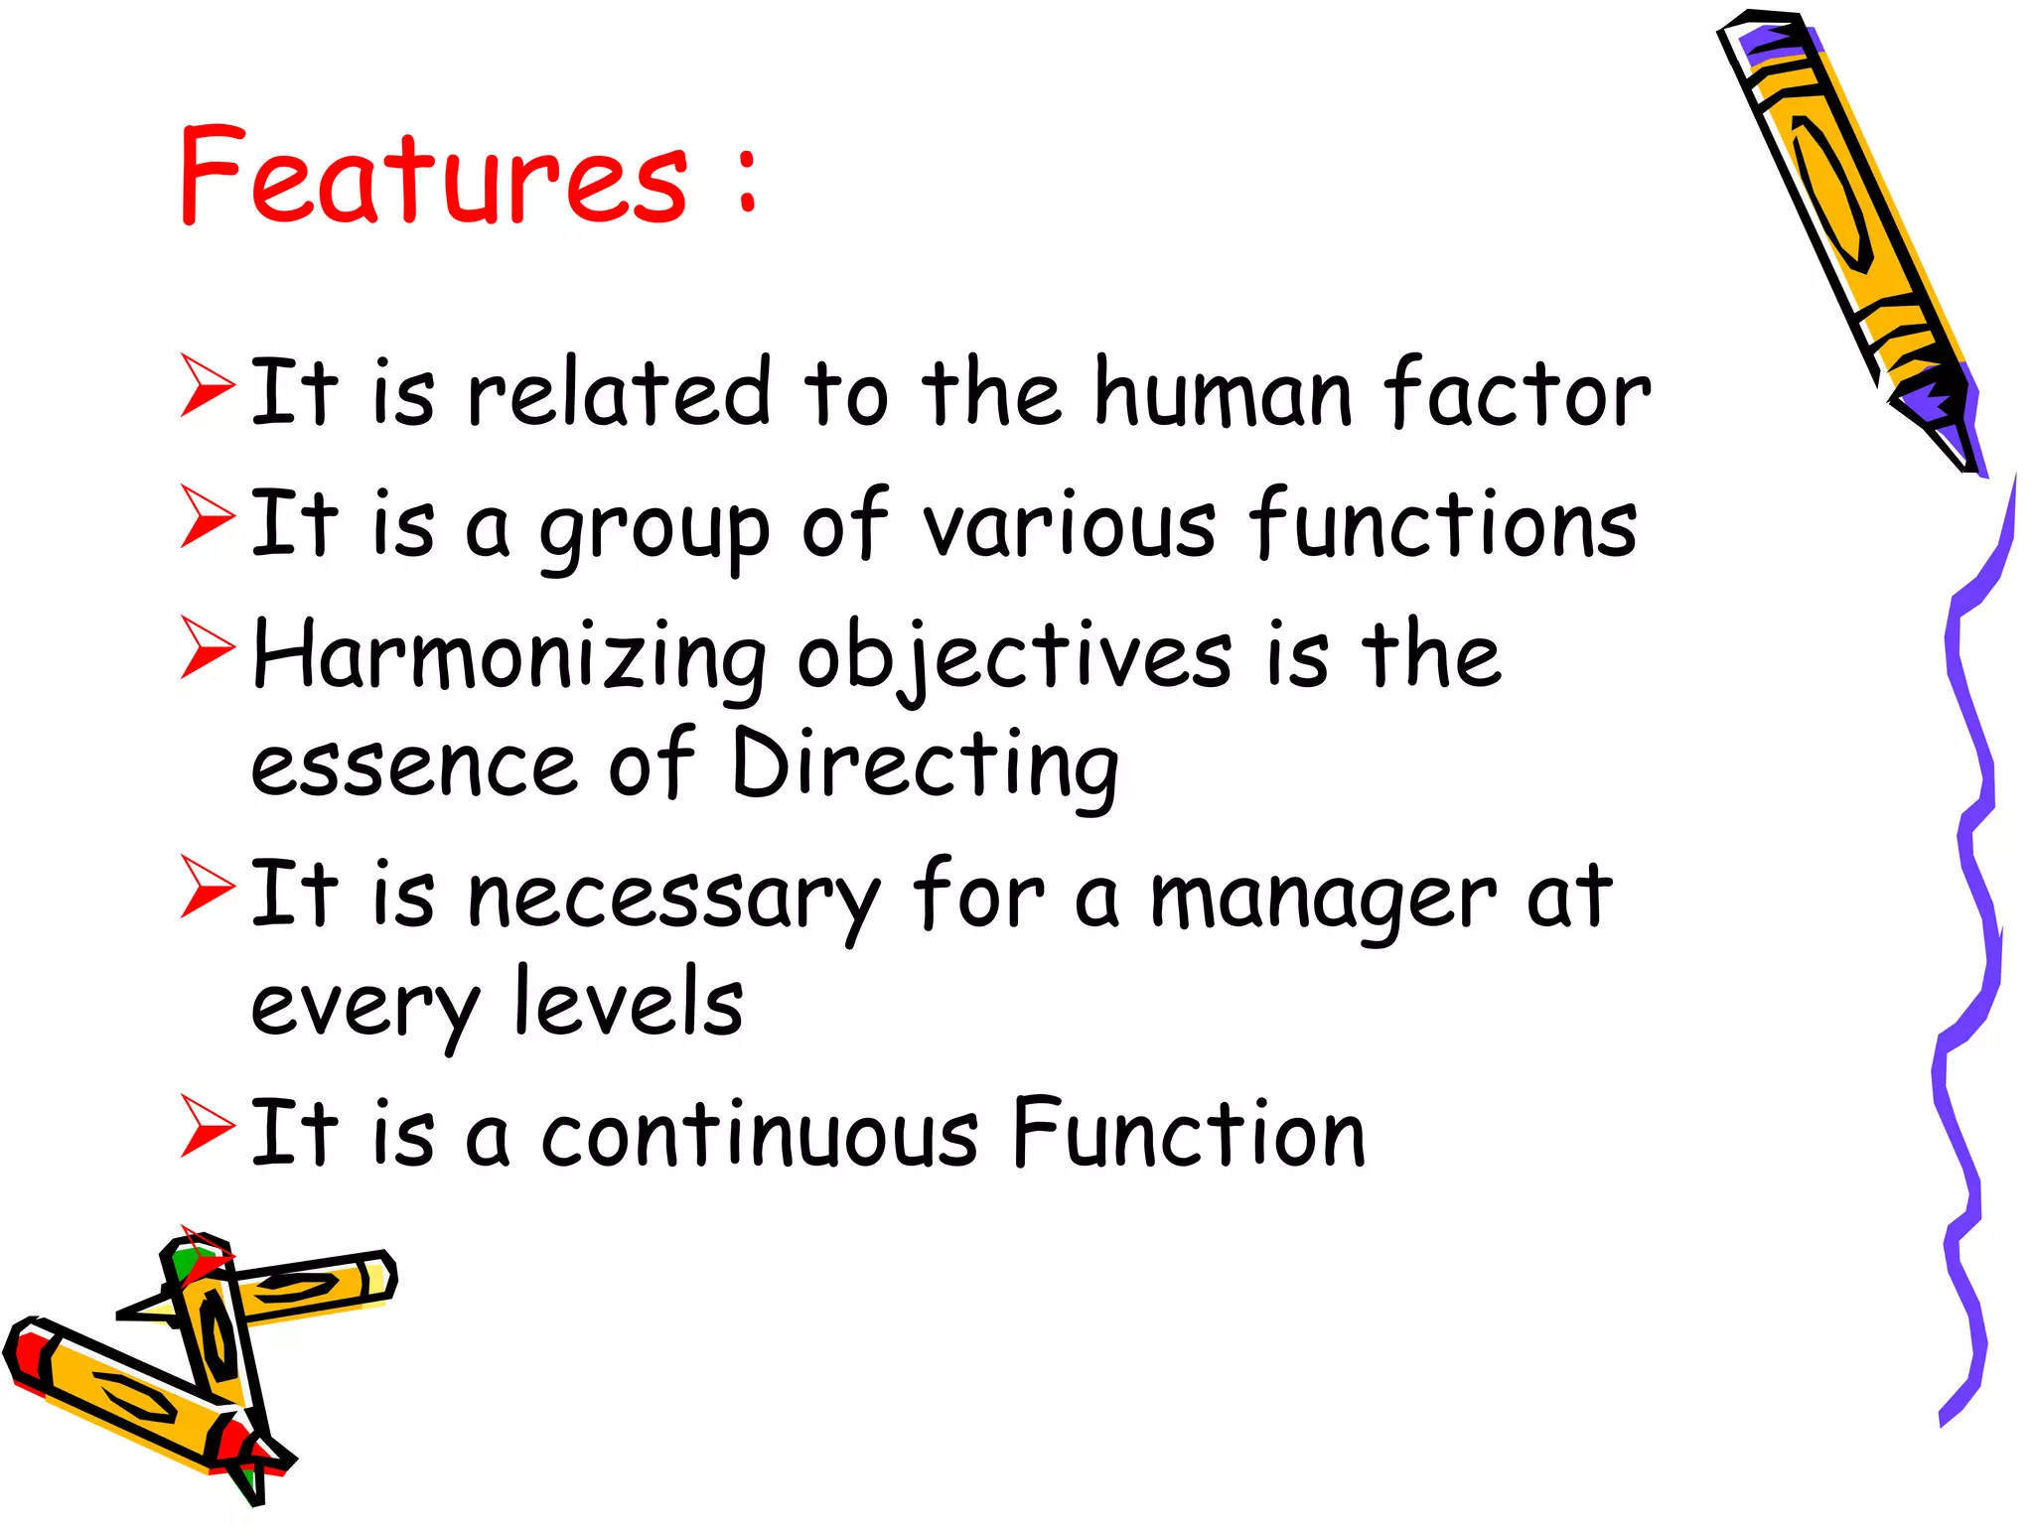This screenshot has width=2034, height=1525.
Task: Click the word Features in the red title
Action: pos(433,177)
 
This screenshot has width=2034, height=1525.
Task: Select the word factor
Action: pos(1517,393)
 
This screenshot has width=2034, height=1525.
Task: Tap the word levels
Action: pos(629,1003)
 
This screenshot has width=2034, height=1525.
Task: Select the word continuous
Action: pos(760,1135)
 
